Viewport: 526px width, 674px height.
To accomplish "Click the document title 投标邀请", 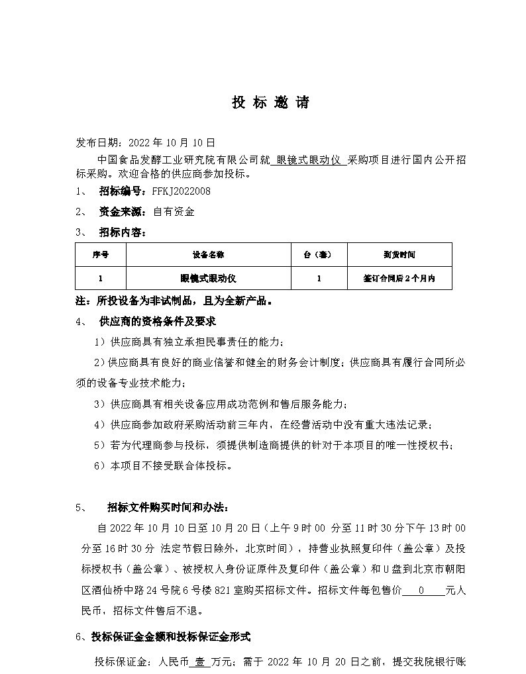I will [270, 103].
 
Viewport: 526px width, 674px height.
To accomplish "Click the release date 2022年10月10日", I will [172, 142].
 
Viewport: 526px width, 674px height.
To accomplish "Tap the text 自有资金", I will [174, 212].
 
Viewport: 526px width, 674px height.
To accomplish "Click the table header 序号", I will [101, 254].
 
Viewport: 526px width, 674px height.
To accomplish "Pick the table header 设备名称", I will [209, 254].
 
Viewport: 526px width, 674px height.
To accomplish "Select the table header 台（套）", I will [319, 254].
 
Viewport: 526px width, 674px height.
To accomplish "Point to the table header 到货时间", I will [399, 254].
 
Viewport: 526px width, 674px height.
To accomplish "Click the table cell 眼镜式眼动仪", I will [209, 279].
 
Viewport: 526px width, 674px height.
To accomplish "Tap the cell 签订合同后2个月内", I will [399, 279].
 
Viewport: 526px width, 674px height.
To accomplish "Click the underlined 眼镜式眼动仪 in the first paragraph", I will [308, 160].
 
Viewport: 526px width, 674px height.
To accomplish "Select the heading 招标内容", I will [123, 232].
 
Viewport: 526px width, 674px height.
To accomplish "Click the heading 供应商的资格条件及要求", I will [158, 322].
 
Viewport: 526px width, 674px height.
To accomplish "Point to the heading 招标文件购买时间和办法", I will [168, 508].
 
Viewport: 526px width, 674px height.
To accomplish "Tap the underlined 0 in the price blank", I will [422, 591].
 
